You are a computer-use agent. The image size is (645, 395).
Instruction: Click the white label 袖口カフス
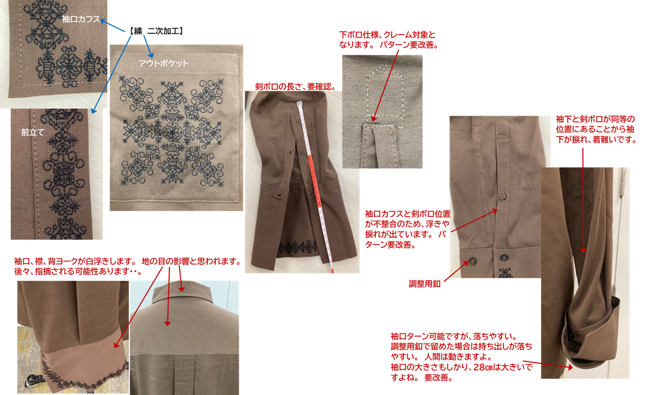tap(81, 19)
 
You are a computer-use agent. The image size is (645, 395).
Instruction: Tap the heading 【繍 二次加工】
tap(155, 31)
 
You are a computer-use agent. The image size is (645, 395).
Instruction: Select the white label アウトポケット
tap(164, 63)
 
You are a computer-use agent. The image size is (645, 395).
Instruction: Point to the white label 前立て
tap(32, 133)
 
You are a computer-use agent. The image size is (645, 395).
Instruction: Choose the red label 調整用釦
tap(425, 284)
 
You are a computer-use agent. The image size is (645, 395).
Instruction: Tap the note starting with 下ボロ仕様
tap(388, 40)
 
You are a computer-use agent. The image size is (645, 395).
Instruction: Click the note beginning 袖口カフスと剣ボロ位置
tap(408, 229)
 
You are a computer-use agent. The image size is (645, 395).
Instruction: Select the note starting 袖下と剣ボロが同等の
tap(596, 129)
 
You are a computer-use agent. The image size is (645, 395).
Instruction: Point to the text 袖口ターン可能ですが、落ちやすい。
tap(454, 337)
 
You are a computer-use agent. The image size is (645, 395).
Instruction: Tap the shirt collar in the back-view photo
tap(181, 292)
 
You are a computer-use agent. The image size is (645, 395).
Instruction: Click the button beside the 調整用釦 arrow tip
tap(472, 261)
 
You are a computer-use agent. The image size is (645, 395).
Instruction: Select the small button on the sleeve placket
tap(502, 196)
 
